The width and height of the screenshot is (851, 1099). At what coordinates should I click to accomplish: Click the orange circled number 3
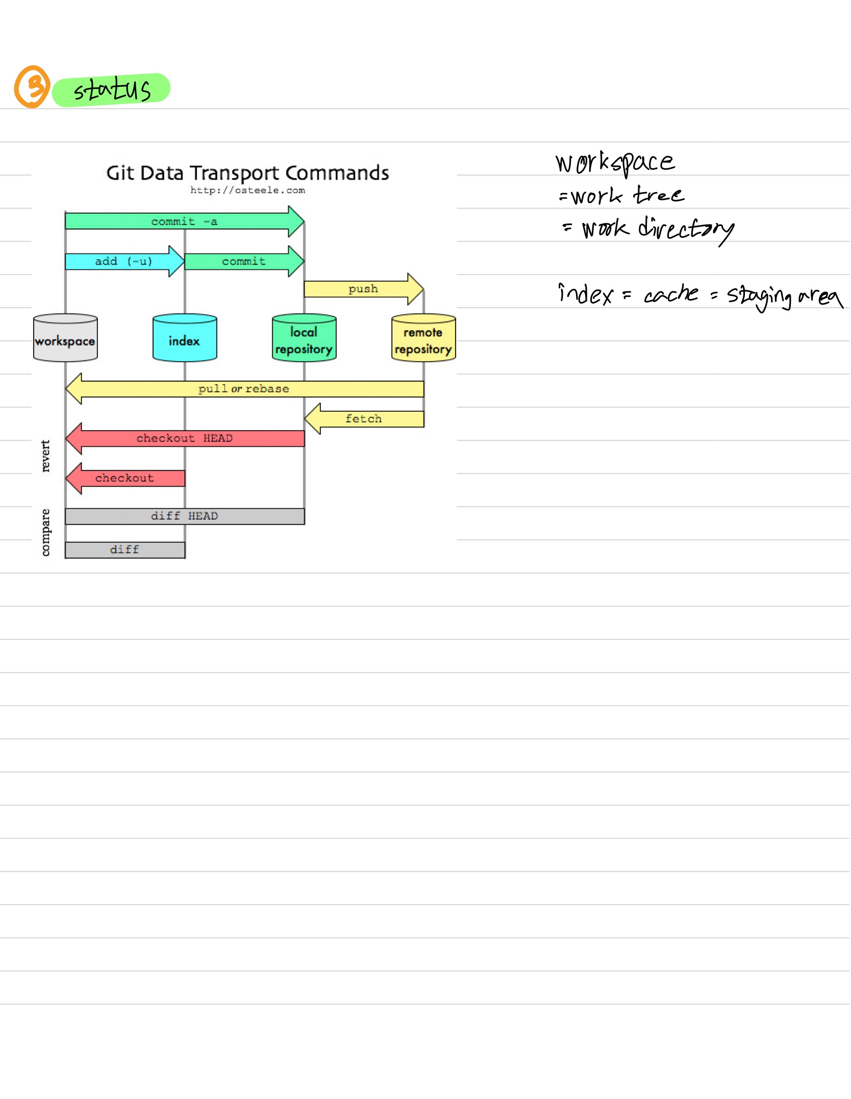pyautogui.click(x=32, y=87)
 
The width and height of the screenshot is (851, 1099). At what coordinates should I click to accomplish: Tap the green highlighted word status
pyautogui.click(x=112, y=90)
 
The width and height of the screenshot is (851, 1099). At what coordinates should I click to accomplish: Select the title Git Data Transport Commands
pyautogui.click(x=247, y=173)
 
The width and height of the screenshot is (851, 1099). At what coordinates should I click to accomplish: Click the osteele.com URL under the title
pyautogui.click(x=247, y=191)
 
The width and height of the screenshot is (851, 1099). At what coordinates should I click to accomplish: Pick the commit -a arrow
pyautogui.click(x=184, y=221)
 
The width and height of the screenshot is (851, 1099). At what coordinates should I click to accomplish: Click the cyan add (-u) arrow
pyautogui.click(x=124, y=261)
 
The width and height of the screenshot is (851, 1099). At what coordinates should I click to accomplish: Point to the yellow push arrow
pyautogui.click(x=363, y=289)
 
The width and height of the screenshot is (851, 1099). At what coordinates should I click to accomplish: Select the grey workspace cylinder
pyautogui.click(x=65, y=338)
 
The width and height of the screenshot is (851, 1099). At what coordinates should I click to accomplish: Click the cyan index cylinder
pyautogui.click(x=185, y=338)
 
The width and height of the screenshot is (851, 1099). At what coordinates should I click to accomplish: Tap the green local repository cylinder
pyautogui.click(x=304, y=338)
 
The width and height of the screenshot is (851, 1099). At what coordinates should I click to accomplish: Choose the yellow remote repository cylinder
pyautogui.click(x=423, y=338)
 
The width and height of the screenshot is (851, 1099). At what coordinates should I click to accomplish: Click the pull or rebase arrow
pyautogui.click(x=244, y=389)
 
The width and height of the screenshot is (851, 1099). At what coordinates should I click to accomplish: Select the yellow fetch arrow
pyautogui.click(x=364, y=419)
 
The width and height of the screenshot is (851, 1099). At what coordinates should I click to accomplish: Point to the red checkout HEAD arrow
pyautogui.click(x=184, y=438)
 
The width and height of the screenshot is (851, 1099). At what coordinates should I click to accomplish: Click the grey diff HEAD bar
pyautogui.click(x=184, y=516)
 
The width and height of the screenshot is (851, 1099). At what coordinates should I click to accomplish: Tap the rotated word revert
pyautogui.click(x=45, y=456)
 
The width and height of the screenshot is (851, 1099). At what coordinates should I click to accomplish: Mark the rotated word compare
pyautogui.click(x=45, y=532)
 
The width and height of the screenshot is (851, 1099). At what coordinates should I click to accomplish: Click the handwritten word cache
pyautogui.click(x=671, y=294)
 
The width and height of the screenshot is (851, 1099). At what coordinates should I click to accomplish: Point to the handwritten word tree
pyautogui.click(x=658, y=195)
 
